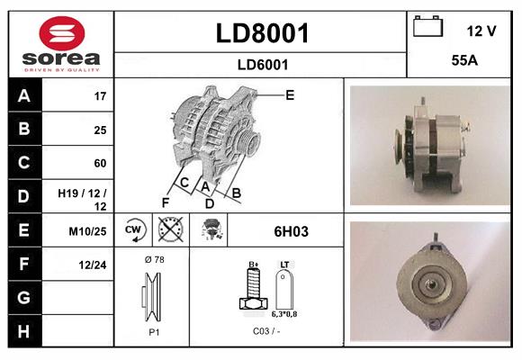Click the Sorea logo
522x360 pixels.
pyautogui.click(x=60, y=43)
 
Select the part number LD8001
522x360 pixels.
pyautogui.click(x=263, y=34)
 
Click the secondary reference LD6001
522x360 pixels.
pyautogui.click(x=263, y=64)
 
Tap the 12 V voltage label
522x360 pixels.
pyautogui.click(x=481, y=31)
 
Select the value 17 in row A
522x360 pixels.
pyautogui.click(x=100, y=95)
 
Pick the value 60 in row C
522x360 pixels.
pyautogui.click(x=100, y=163)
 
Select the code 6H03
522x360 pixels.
pyautogui.click(x=291, y=231)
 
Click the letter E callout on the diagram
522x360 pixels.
pyautogui.click(x=291, y=94)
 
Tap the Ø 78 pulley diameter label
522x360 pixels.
pyautogui.click(x=153, y=259)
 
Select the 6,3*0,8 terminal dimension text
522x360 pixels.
pyautogui.click(x=285, y=315)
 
